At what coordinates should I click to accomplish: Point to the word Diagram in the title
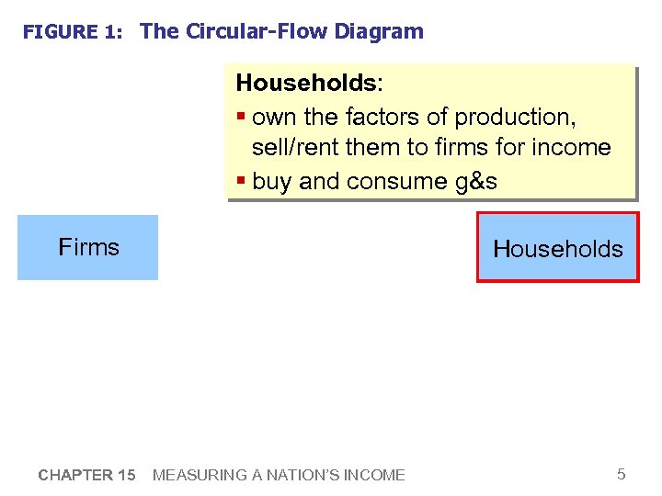379,31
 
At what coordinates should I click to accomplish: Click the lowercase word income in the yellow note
576,148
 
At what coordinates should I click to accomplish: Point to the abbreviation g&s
476,182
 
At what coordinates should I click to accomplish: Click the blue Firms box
88,247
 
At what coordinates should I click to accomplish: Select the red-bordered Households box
557,248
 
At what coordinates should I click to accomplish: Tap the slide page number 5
621,474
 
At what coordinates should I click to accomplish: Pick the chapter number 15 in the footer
127,475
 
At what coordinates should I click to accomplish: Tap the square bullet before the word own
241,118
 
